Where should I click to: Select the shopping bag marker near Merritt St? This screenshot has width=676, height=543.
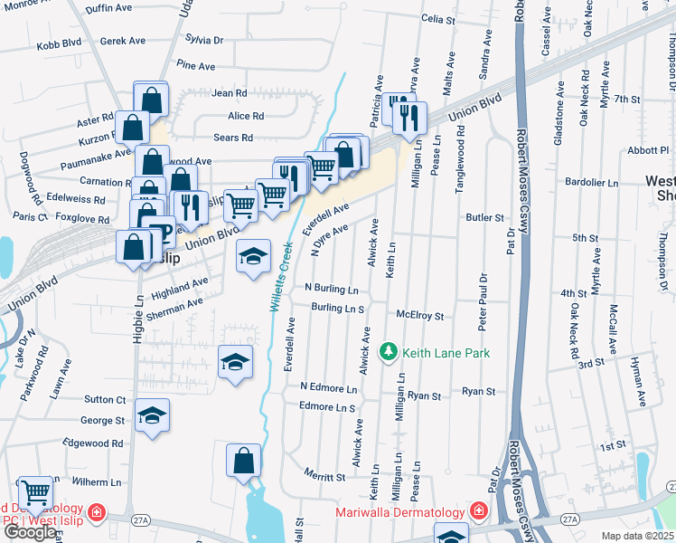[244, 462]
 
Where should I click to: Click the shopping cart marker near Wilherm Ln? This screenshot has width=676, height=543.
[34, 494]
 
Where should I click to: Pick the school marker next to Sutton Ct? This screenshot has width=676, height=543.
[153, 417]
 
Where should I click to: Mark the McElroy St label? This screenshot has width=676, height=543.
[420, 316]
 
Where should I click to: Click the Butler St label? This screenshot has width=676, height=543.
[485, 218]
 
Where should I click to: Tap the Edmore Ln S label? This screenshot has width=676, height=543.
[327, 408]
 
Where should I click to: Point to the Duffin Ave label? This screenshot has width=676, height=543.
[109, 7]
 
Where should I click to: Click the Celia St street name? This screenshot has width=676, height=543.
[437, 18]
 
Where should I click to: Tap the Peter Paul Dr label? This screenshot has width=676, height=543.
[483, 302]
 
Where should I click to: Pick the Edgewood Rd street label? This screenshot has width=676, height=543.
[93, 443]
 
